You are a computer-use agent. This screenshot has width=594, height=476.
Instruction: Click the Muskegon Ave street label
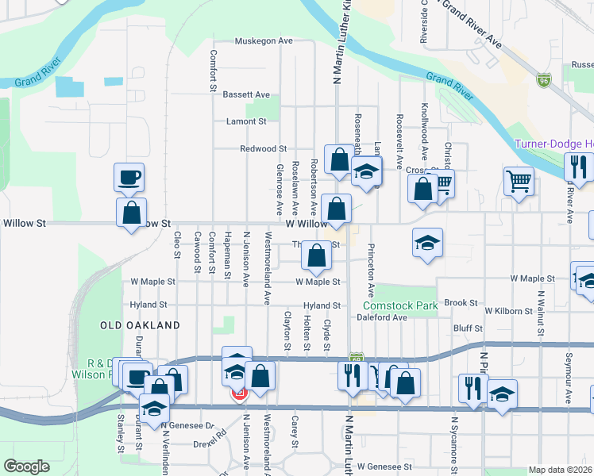pos(264,40)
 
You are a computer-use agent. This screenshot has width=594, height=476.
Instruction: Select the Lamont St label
pos(246,121)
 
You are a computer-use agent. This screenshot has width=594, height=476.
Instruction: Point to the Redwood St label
pos(264,148)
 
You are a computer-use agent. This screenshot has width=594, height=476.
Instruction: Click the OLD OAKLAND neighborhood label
pos(140,325)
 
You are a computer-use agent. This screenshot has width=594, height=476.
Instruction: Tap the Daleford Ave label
pos(382,317)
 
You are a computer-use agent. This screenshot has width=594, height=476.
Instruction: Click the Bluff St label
pos(468,328)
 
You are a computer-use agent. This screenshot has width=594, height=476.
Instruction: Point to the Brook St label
pos(461,303)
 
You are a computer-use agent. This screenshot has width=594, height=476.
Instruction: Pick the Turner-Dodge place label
pos(554,144)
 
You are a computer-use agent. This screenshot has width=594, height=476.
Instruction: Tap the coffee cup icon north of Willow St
pos(129,176)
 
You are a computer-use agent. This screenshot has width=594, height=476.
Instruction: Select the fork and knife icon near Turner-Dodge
pos(577,166)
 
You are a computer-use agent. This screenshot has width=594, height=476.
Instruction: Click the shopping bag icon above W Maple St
pos(316,255)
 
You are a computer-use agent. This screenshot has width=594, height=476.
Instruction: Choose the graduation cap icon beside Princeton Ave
pos(427,242)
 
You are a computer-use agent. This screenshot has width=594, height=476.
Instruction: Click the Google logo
pos(26,466)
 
